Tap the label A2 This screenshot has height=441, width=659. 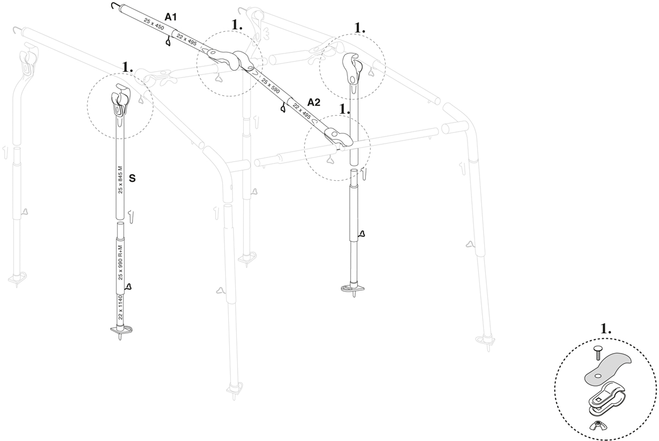(x=314, y=102)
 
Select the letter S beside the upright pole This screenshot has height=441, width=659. (x=132, y=178)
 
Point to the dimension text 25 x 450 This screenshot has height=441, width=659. (x=154, y=25)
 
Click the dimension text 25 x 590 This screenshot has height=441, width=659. (x=271, y=85)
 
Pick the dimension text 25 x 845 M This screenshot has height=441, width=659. (x=120, y=179)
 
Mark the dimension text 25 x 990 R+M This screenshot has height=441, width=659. (x=120, y=262)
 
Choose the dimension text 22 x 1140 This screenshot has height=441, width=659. (x=120, y=307)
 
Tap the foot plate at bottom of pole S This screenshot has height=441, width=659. (x=120, y=331)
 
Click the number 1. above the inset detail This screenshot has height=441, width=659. (x=605, y=329)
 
